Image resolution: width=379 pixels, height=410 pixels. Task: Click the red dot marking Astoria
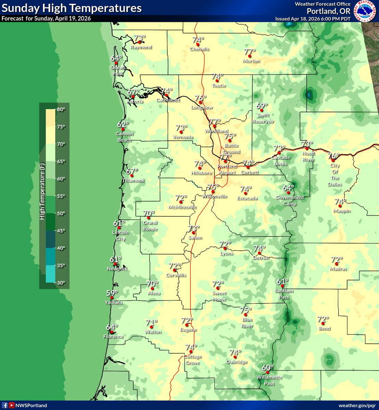133,97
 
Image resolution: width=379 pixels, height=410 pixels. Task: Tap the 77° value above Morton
250,52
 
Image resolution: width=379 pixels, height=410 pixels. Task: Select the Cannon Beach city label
124,137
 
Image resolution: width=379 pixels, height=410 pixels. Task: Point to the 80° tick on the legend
61,109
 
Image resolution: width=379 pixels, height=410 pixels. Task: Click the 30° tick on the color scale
61,283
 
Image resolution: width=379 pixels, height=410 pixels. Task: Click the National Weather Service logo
365,11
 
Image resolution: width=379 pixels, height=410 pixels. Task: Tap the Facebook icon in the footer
5,406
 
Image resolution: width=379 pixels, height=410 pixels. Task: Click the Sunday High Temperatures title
71,8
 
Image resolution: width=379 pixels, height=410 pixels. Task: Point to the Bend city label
324,328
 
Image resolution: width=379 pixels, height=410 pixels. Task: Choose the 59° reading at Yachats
112,293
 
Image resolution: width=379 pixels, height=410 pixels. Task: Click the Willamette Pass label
269,380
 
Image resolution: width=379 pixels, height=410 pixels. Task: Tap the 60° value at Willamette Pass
267,368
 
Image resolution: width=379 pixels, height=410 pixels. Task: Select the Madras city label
338,269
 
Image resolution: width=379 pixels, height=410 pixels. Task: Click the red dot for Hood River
307,149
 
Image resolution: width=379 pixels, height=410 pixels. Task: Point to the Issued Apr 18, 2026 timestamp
313,19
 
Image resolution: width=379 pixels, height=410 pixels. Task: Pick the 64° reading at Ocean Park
116,58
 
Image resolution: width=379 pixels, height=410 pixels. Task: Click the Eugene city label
188,330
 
